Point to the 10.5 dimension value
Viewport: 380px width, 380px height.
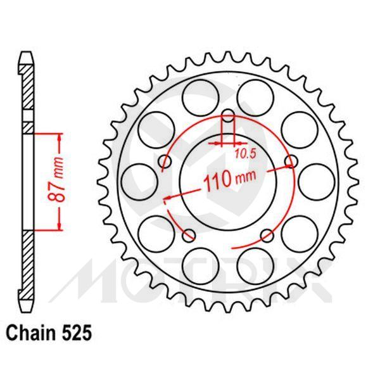click(244, 153)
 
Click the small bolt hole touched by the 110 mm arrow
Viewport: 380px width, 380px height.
click(292, 162)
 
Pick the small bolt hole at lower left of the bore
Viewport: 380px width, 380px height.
click(189, 236)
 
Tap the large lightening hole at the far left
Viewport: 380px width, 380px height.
click(144, 179)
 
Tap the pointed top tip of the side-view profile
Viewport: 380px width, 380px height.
click(26, 53)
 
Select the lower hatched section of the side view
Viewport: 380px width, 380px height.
click(26, 272)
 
